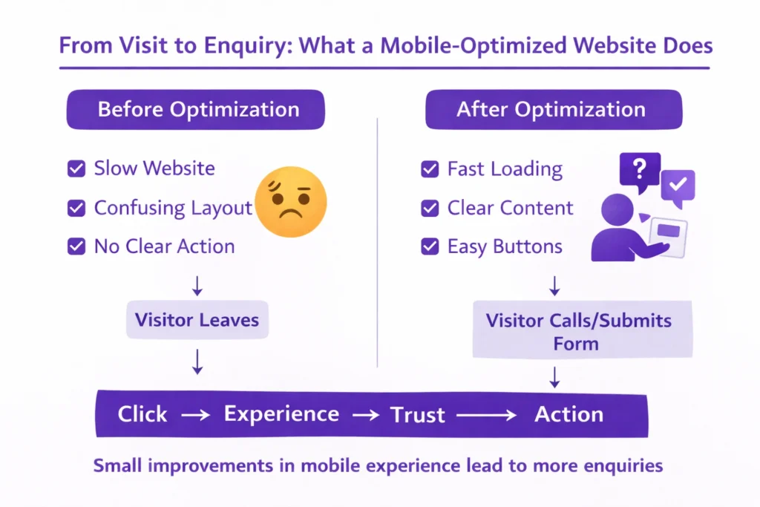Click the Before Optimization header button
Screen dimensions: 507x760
pyautogui.click(x=196, y=110)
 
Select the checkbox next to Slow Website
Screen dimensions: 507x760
pyautogui.click(x=76, y=169)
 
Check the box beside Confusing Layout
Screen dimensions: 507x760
pyautogui.click(x=76, y=208)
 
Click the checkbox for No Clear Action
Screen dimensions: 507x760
pyautogui.click(x=76, y=246)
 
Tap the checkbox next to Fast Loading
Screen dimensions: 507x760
pyautogui.click(x=429, y=169)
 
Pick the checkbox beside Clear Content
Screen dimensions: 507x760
pyautogui.click(x=429, y=208)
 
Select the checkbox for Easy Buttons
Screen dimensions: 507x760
pyautogui.click(x=429, y=246)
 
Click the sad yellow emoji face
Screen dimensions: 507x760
pyautogui.click(x=290, y=202)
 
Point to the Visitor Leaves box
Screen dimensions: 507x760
pyautogui.click(x=197, y=321)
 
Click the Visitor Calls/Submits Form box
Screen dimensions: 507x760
pyautogui.click(x=583, y=331)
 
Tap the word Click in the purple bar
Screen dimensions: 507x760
pyautogui.click(x=142, y=414)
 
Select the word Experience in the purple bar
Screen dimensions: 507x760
pyautogui.click(x=281, y=414)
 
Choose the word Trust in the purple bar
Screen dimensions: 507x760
pyautogui.click(x=418, y=414)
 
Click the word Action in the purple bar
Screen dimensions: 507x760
pyautogui.click(x=569, y=414)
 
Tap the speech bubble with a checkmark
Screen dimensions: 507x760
pyautogui.click(x=678, y=186)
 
